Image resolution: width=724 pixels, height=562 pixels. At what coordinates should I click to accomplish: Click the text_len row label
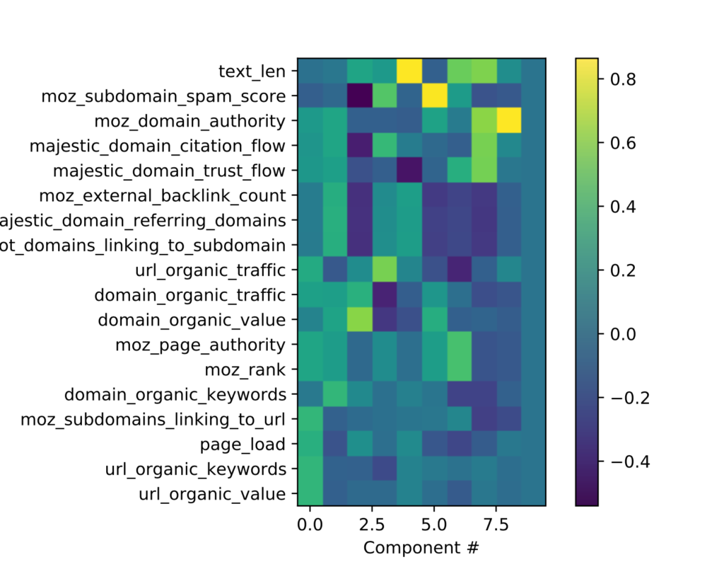click(x=252, y=71)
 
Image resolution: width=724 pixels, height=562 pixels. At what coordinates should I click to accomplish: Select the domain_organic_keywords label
click(x=175, y=394)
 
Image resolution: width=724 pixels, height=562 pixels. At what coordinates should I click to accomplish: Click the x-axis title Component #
click(x=421, y=546)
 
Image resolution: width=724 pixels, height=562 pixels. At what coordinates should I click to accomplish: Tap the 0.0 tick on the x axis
click(x=310, y=524)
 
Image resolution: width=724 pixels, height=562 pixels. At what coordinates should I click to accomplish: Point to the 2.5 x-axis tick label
click(x=372, y=524)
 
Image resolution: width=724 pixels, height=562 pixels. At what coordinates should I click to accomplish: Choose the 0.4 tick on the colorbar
click(x=617, y=207)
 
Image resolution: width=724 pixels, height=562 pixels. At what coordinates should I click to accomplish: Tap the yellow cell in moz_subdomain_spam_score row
click(x=434, y=96)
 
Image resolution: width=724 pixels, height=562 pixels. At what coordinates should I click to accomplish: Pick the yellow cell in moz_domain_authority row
click(x=508, y=120)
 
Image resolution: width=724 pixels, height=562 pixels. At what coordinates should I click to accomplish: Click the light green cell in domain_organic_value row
click(x=360, y=319)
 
